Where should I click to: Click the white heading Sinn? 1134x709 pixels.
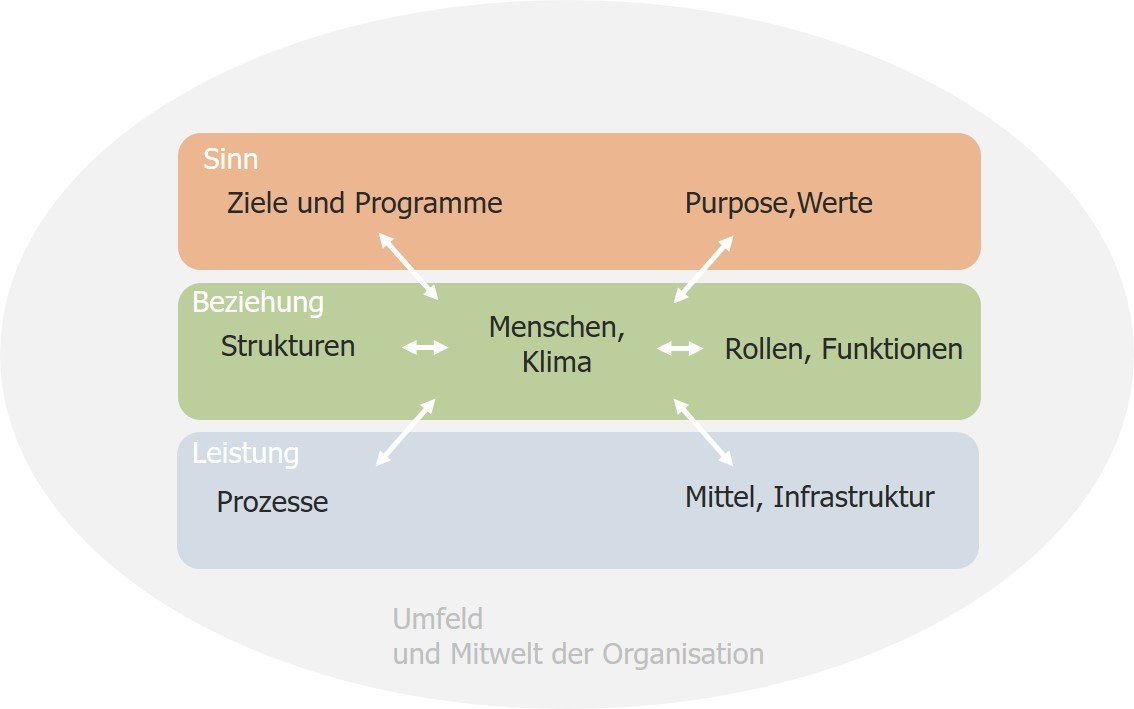coord(230,160)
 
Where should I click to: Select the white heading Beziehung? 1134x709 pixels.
coord(258,302)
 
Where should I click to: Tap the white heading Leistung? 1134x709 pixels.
coord(245,453)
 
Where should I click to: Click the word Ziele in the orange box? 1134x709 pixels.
coord(256,204)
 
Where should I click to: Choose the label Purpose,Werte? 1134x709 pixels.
coord(778,204)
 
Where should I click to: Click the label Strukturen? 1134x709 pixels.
coord(288,347)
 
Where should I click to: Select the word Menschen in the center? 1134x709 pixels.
coord(556,327)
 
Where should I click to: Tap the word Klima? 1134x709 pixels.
coord(556,362)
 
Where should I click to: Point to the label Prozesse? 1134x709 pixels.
coord(272,501)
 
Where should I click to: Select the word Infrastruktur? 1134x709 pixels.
coord(854,497)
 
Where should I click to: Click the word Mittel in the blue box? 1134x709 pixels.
coord(724,497)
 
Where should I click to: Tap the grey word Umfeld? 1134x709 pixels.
coord(437,620)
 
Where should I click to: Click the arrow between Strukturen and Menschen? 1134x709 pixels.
coord(425,348)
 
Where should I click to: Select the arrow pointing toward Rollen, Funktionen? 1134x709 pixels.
coord(680,348)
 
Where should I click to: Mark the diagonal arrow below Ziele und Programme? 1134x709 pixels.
coord(408,267)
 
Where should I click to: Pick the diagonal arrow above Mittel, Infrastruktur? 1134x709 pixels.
coord(703,432)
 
